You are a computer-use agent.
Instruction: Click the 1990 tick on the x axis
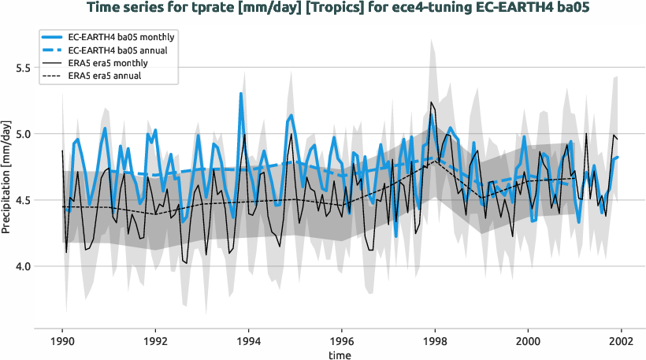pyautogui.click(x=62, y=343)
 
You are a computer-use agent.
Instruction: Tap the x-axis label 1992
pyautogui.click(x=155, y=343)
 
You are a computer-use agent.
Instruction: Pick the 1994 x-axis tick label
pyautogui.click(x=249, y=343)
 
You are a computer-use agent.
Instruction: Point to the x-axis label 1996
pyautogui.click(x=342, y=343)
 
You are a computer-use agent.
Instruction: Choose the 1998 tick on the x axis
pyautogui.click(x=435, y=343)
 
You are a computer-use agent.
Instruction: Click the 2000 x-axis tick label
pyautogui.click(x=528, y=343)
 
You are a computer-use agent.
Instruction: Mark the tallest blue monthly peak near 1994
pyautogui.click(x=241, y=94)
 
